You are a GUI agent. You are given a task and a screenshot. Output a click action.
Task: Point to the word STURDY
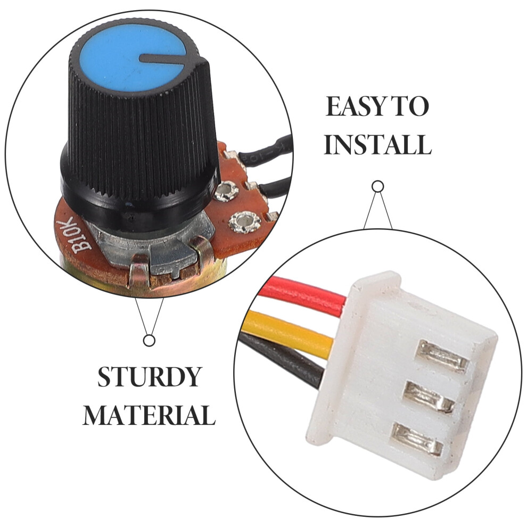(149, 377)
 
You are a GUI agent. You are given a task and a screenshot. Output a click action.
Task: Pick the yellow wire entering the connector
(289, 329)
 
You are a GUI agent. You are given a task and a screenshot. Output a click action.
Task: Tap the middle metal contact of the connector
(430, 397)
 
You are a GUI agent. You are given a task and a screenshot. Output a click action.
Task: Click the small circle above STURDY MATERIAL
(149, 341)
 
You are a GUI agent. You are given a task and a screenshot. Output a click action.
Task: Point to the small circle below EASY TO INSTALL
(378, 186)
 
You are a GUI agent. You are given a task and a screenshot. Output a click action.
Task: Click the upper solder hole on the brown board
(226, 192)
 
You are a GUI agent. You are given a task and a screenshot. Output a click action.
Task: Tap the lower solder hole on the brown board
(245, 222)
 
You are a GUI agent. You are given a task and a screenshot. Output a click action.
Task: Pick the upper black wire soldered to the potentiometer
(266, 152)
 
